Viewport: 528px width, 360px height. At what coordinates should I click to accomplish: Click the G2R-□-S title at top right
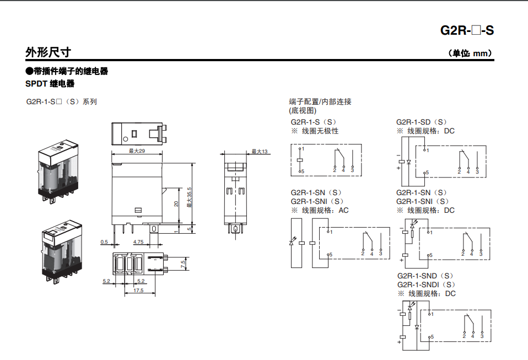pyautogui.click(x=467, y=30)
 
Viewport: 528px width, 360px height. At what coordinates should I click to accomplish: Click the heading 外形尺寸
pyautogui.click(x=48, y=52)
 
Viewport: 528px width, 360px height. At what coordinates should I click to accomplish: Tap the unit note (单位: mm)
pyautogui.click(x=470, y=53)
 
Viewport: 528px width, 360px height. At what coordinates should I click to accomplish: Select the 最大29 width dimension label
pyautogui.click(x=137, y=151)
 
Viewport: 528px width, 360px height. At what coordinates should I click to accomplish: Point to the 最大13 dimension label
pyautogui.click(x=259, y=152)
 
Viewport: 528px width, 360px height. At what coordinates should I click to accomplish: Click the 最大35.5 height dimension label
pyautogui.click(x=189, y=197)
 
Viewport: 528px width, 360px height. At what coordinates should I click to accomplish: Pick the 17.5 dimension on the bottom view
pyautogui.click(x=138, y=291)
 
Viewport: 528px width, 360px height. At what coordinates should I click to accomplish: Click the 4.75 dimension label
pyautogui.click(x=138, y=242)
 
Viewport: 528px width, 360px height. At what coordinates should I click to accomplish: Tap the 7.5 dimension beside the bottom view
pyautogui.click(x=183, y=265)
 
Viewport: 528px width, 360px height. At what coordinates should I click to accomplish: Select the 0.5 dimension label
pyautogui.click(x=104, y=242)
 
